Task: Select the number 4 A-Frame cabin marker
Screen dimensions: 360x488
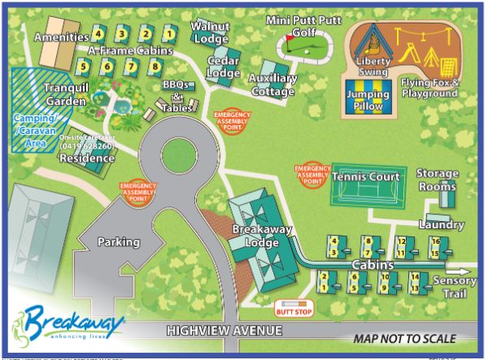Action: pos(98,34)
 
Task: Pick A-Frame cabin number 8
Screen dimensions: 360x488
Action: pos(154,66)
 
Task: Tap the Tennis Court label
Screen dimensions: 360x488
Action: pos(366,176)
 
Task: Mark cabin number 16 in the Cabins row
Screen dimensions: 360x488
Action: pos(435,241)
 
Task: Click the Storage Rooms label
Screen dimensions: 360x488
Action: pos(438,180)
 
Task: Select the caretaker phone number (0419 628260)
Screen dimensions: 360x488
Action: pos(87,146)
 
